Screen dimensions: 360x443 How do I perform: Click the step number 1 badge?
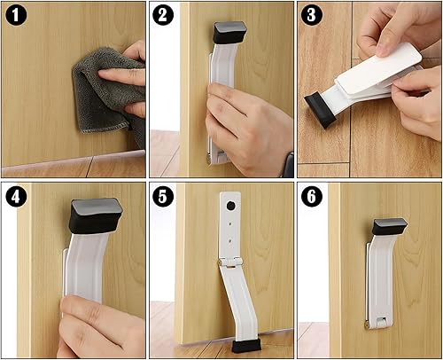[x=15, y=15]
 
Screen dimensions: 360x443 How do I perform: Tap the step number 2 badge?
[x=163, y=15]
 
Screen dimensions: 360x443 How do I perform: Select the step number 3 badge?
[x=310, y=15]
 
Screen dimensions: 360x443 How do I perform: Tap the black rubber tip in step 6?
[x=389, y=227]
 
